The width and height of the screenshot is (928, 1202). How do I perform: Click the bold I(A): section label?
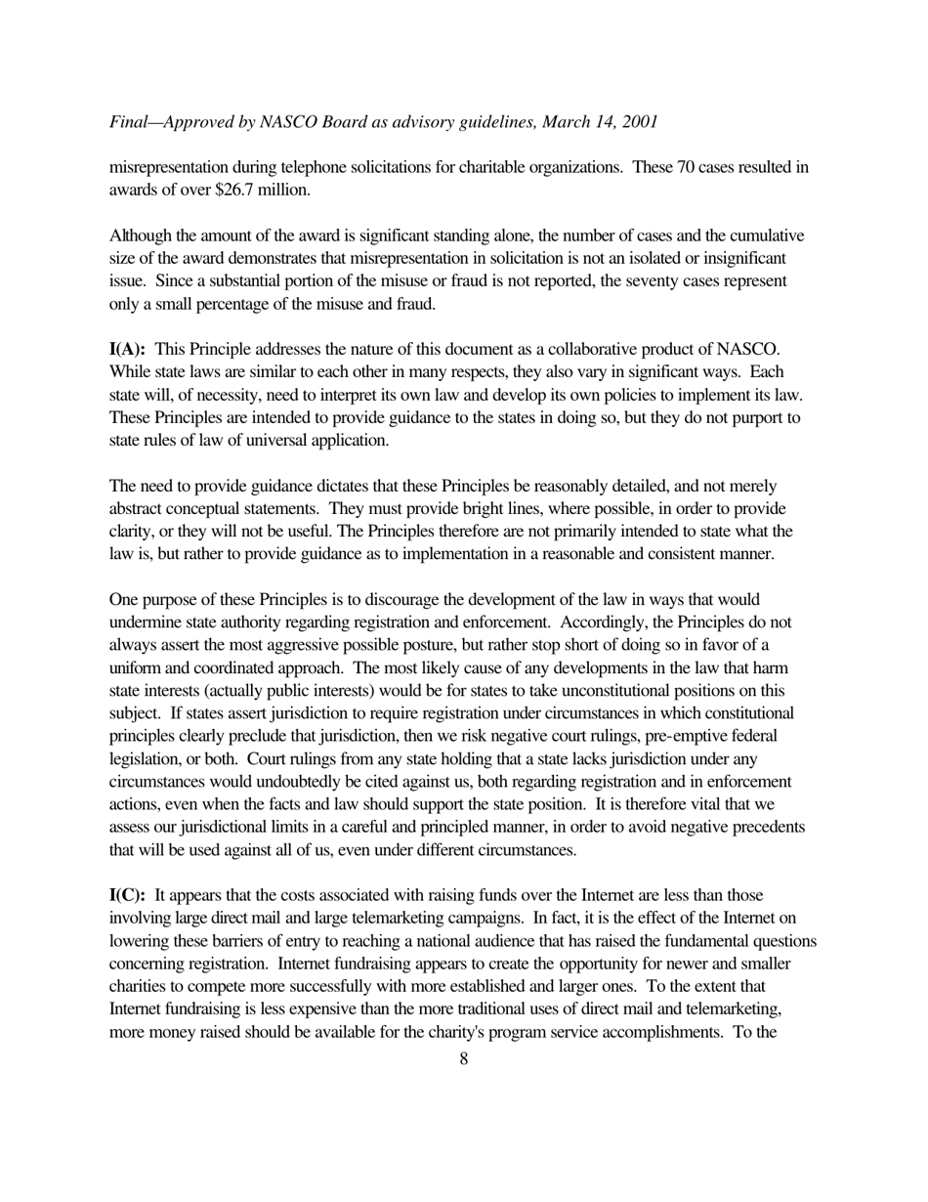(x=127, y=349)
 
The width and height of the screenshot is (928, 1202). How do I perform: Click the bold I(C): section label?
(x=127, y=895)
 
